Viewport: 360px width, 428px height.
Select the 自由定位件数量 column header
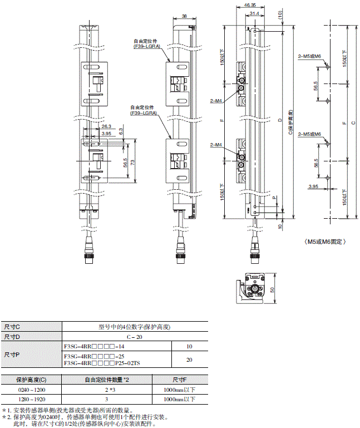point(107,380)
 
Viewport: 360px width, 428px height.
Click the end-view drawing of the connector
point(257,288)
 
